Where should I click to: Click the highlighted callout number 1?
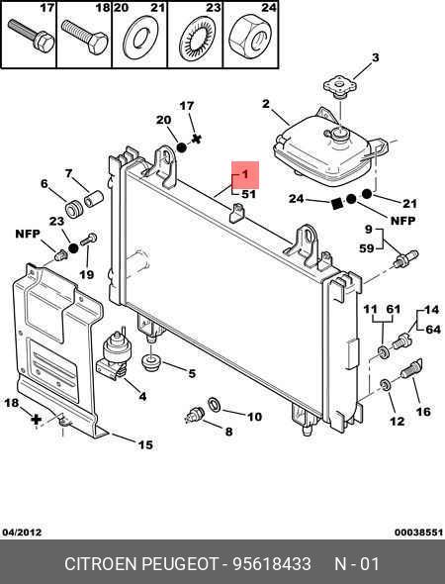point(245,174)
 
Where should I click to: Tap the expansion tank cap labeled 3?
point(339,87)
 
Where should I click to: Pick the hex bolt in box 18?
point(84,38)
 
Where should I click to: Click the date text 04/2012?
point(22,533)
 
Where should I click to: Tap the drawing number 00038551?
point(418,533)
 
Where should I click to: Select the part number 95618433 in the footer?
point(272,564)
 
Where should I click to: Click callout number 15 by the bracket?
point(145,444)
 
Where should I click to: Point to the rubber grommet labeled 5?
point(150,362)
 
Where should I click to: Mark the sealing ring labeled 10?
point(214,405)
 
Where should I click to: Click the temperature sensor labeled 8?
point(195,415)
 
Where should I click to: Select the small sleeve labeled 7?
point(93,198)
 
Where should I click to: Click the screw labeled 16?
point(411,369)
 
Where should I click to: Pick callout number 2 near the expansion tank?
point(265,104)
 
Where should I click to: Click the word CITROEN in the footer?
point(101,564)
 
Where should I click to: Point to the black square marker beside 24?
point(337,203)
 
